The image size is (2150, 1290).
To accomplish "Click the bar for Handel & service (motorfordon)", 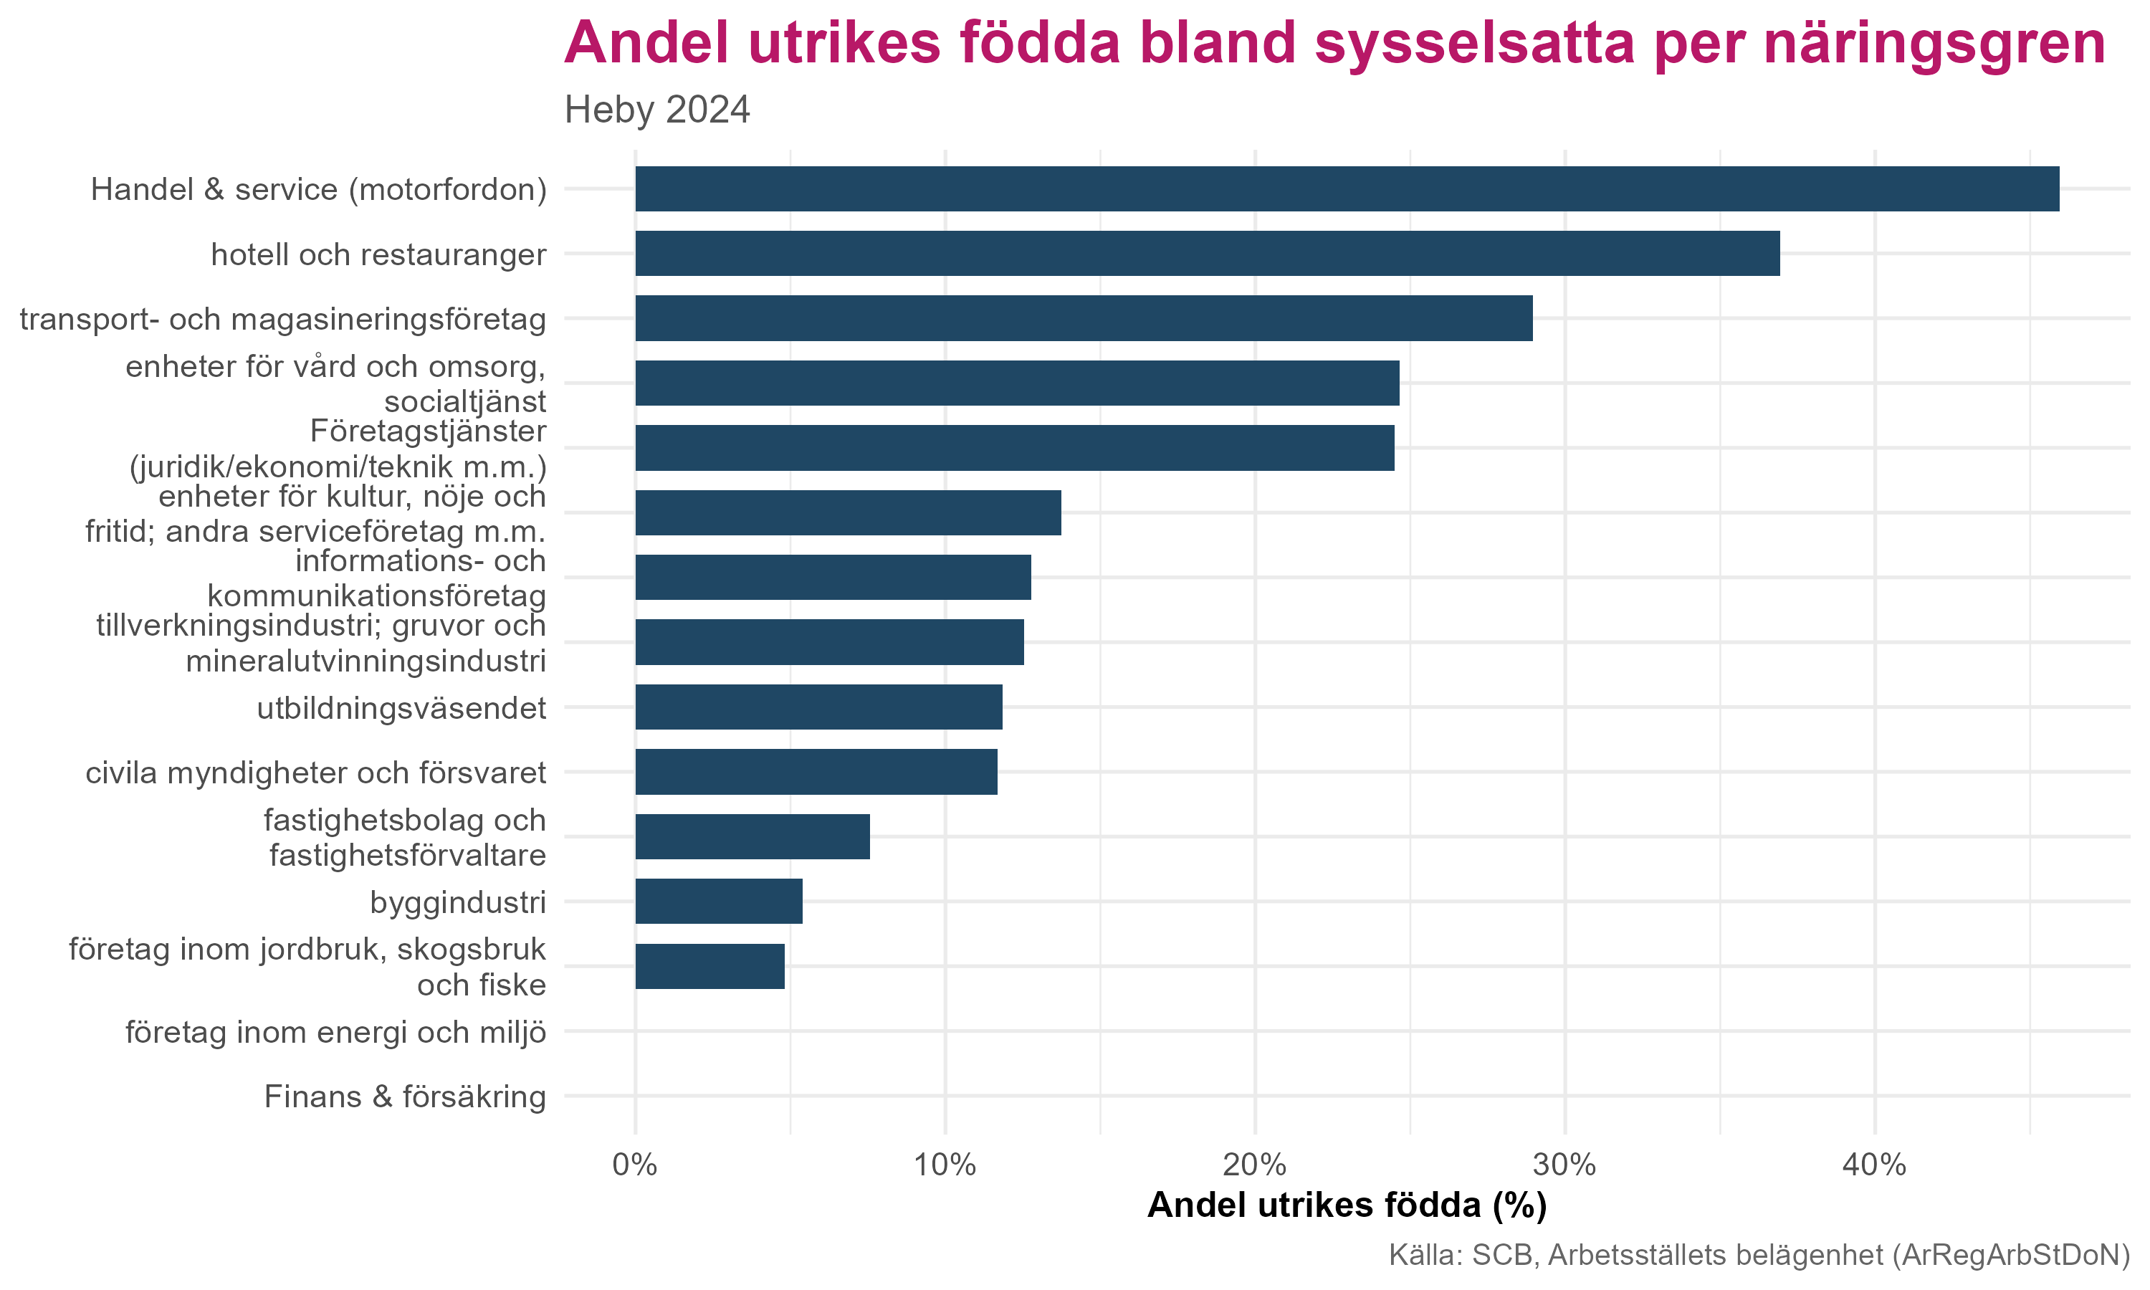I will click(1347, 188).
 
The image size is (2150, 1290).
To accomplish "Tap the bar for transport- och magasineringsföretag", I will click(1084, 318).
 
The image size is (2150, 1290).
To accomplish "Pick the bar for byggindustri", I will click(719, 902).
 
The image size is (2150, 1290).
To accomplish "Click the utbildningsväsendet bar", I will click(818, 707).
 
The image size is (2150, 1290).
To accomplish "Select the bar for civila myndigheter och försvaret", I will click(816, 772).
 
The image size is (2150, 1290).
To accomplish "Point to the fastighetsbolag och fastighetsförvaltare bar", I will click(752, 836).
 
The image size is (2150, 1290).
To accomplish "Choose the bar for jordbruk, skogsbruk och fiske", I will click(710, 966).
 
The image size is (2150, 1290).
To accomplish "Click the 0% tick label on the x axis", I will click(634, 1165).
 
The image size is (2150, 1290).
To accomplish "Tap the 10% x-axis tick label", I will click(945, 1165).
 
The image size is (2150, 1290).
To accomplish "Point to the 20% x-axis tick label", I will click(1255, 1165).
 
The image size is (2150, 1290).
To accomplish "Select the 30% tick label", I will click(1565, 1165).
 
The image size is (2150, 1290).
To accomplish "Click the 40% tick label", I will click(1875, 1165).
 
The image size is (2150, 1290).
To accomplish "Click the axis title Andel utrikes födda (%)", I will click(1347, 1205).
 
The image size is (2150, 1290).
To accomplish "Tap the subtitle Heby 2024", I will click(657, 110).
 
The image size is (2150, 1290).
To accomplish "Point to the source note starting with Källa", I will click(1759, 1255).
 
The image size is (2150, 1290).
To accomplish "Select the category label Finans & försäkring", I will click(405, 1097).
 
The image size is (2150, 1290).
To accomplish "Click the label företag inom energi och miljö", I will click(335, 1032).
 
